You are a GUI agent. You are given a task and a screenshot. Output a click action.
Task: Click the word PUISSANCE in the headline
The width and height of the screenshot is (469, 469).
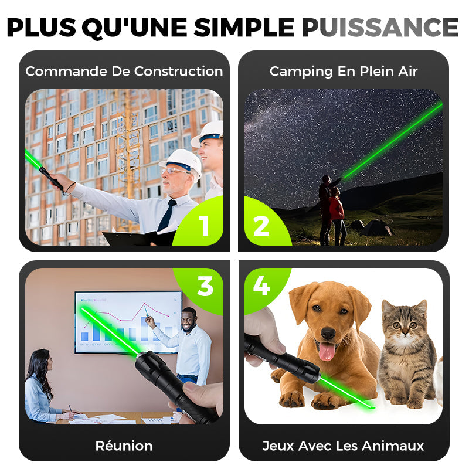[380, 27]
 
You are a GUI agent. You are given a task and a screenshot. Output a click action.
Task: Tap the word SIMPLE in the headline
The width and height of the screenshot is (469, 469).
[244, 27]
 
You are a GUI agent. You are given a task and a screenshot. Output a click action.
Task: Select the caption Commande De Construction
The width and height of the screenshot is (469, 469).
[124, 72]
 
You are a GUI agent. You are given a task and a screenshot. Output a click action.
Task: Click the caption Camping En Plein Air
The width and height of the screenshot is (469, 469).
[344, 72]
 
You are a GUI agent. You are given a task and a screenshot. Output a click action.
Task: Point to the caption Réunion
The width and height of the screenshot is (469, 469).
[124, 446]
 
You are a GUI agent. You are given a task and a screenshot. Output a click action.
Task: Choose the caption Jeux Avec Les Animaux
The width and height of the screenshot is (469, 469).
[344, 446]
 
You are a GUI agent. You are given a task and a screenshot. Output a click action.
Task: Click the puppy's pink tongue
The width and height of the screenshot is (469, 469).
[327, 351]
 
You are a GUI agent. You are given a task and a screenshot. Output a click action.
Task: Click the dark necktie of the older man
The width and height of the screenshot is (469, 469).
[167, 215]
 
